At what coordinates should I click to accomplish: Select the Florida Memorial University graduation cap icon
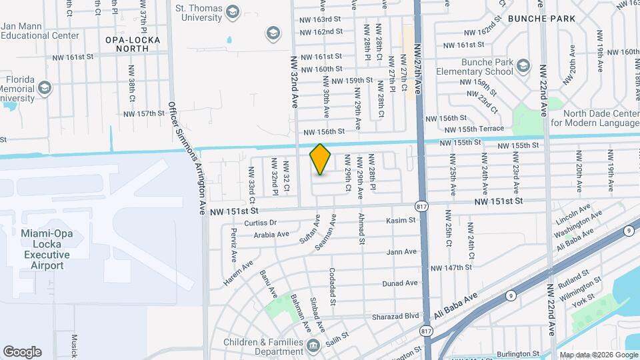tap(45, 87)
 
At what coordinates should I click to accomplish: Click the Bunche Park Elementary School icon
tap(523, 65)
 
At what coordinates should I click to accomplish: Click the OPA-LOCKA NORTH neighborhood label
tap(132, 44)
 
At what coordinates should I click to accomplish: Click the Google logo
tap(21, 351)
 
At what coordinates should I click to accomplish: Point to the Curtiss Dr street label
tap(260, 223)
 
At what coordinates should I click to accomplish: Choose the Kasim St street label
tap(401, 220)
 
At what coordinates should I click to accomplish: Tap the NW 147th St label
tap(451, 267)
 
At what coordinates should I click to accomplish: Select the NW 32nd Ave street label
tap(294, 82)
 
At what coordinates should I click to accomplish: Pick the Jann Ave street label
tap(401, 252)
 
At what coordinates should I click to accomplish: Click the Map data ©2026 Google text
tap(597, 355)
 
